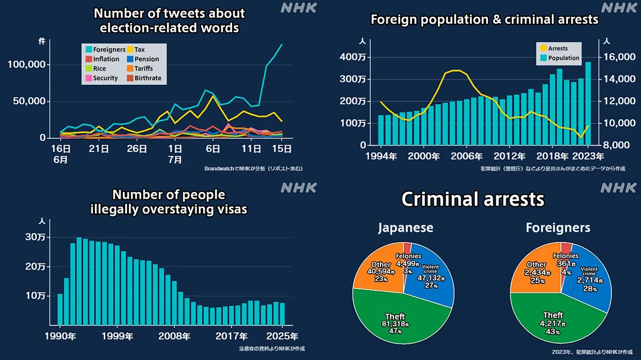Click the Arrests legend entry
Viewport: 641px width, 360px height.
coord(557,49)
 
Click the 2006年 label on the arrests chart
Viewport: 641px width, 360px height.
coord(465,157)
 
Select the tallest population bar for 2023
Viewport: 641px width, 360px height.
coord(588,103)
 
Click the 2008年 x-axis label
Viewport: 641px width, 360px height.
coord(174,336)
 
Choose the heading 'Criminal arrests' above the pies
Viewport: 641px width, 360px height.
coord(472,199)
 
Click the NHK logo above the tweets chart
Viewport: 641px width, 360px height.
coord(299,8)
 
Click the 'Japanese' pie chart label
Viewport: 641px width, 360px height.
coord(405,228)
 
